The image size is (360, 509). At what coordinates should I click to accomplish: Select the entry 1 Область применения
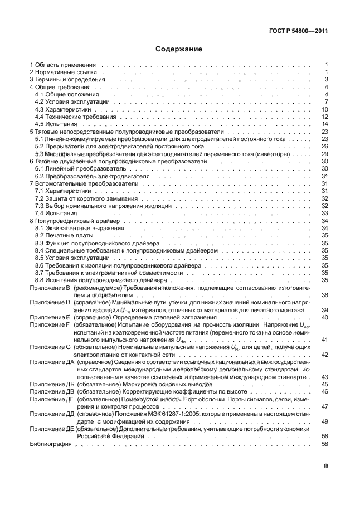click(x=63, y=65)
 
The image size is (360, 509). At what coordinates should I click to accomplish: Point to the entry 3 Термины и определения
click(x=66, y=80)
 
